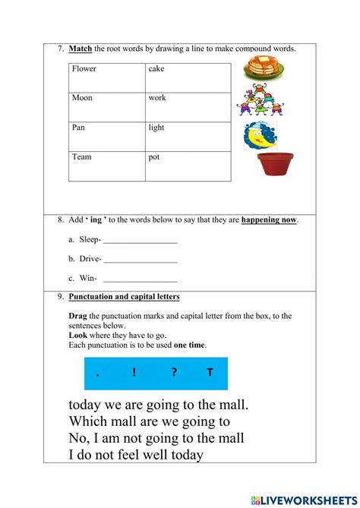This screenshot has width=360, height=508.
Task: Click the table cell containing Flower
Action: [106, 77]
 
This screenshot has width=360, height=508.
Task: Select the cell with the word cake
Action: [188, 77]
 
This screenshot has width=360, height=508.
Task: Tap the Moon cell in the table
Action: [106, 107]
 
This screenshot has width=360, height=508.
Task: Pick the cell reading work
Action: [188, 107]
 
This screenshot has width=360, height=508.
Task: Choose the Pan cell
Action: [106, 137]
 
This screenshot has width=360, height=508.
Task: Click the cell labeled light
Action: [188, 137]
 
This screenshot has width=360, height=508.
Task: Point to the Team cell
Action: [106, 166]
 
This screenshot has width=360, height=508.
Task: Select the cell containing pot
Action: [188, 166]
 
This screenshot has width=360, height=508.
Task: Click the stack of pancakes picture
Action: [264, 68]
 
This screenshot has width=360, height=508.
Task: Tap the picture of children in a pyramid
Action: [260, 100]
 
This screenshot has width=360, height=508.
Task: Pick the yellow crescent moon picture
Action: [261, 135]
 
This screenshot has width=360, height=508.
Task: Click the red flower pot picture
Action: [275, 163]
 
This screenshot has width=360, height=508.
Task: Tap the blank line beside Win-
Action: [141, 279]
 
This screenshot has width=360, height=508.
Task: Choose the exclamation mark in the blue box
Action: [134, 373]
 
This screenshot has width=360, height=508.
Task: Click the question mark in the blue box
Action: [173, 373]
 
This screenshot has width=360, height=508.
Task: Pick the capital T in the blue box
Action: [210, 373]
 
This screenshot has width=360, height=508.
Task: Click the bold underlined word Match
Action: [80, 49]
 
